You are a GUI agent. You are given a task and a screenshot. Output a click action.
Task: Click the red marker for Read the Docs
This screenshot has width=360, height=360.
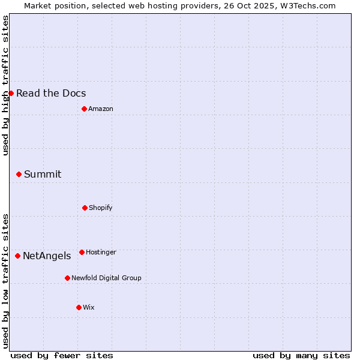pos(11,93)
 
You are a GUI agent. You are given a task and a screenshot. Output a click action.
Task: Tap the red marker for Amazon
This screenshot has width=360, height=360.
pos(84,109)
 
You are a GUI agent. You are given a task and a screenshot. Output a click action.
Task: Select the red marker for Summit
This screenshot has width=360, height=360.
pos(19,174)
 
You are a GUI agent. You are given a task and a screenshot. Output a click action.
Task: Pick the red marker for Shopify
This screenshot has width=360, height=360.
pos(85,208)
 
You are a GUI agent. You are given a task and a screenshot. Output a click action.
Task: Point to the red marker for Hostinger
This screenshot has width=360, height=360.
pos(82,252)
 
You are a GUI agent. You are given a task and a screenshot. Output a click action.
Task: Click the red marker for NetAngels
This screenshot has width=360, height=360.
pos(17,256)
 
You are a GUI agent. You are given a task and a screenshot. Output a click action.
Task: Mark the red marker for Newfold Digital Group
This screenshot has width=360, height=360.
pos(67,278)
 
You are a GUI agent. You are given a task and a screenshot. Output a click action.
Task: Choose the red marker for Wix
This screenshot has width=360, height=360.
pos(79,307)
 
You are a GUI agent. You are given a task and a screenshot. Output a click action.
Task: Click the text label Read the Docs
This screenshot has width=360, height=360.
pos(51,93)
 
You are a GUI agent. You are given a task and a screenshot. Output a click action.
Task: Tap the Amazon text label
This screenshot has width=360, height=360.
pos(101,109)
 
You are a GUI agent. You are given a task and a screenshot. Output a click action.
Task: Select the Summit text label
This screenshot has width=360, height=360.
pos(43,174)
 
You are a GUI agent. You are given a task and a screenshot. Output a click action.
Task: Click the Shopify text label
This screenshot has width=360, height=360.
pos(101,208)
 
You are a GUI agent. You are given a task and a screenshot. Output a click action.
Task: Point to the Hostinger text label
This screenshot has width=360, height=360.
pos(101,252)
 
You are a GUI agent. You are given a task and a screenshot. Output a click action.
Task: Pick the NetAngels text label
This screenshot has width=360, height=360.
pos(47,256)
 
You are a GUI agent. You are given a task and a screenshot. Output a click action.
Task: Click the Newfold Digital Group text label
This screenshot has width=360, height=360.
pos(106,278)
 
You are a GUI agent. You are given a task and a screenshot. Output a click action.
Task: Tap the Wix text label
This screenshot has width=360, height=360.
pos(89,307)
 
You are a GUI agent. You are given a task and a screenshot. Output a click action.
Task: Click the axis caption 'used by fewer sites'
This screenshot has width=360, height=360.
pos(62,355)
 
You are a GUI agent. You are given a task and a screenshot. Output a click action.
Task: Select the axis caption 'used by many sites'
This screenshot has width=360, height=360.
pos(301,355)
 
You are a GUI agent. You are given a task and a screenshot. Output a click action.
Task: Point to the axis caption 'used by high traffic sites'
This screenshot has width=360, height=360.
pos(5,85)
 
